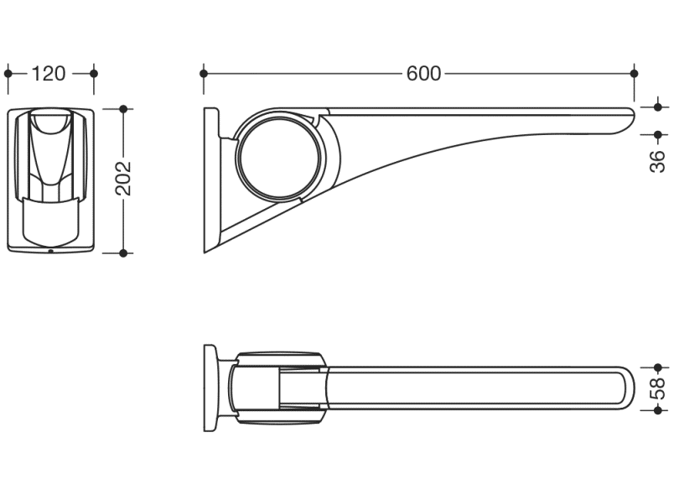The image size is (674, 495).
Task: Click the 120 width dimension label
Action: tap(49, 74)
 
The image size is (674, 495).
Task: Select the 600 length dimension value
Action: tap(423, 74)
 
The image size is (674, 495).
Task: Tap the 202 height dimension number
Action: tap(123, 178)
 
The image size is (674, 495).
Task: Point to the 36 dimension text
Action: tap(658, 162)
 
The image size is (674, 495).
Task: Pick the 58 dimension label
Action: tap(658, 388)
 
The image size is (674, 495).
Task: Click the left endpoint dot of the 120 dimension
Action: tap(8, 74)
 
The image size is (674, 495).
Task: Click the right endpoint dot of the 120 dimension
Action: tap(94, 74)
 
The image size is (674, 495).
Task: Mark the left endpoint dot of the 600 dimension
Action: tap(204, 74)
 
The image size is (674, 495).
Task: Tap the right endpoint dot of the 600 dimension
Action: tap(634, 74)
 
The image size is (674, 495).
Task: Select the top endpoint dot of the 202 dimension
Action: tap(123, 109)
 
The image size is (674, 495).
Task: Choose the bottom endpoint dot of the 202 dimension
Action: tap(123, 253)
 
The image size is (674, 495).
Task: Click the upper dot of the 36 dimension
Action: tap(658, 107)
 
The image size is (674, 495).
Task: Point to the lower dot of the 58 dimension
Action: tap(658, 410)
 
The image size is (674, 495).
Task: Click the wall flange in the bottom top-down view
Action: tap(210, 388)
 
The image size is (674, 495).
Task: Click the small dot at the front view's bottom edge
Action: tap(51, 251)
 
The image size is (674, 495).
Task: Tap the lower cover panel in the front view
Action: tap(51, 222)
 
